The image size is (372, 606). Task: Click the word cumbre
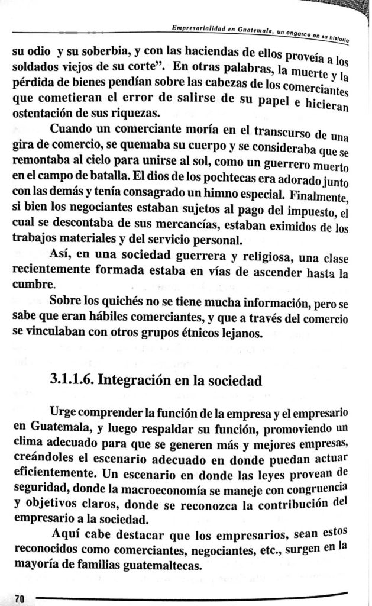tap(33, 283)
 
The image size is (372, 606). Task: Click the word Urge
tap(64, 411)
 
